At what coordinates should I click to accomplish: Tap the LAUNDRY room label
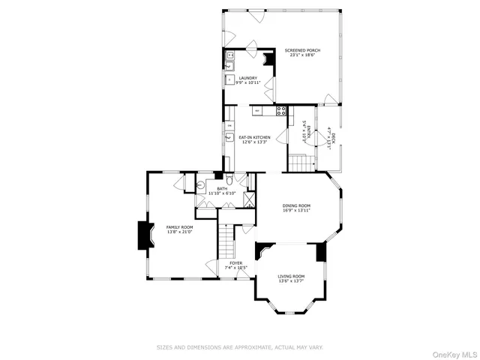[x=248, y=78]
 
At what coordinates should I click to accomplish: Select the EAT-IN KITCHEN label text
[x=254, y=137]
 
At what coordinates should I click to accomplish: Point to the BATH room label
[x=222, y=189]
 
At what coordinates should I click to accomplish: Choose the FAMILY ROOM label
[x=180, y=227]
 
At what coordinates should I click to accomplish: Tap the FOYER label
[x=235, y=263]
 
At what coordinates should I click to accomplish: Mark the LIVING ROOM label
[x=291, y=276]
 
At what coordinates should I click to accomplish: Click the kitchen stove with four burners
[x=281, y=110]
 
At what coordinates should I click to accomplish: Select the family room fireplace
[x=141, y=235]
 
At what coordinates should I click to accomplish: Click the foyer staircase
[x=227, y=239]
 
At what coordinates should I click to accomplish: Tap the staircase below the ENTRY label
[x=300, y=162]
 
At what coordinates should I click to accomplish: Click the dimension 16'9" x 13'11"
[x=296, y=211]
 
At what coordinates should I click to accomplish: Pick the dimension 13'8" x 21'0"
[x=180, y=232]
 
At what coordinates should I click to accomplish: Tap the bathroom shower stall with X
[x=247, y=201]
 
